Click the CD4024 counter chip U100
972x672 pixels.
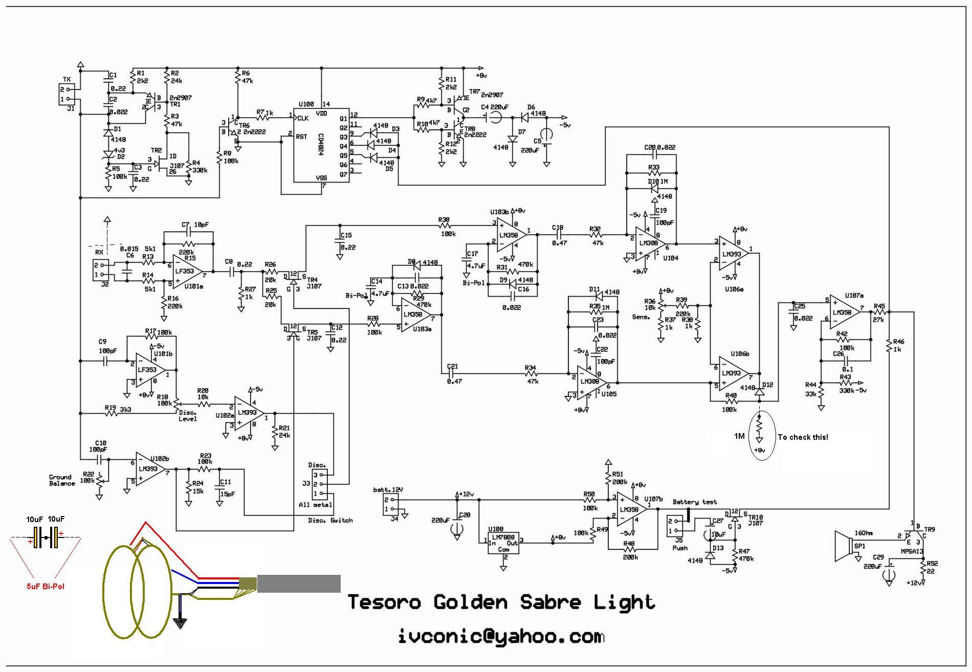321,145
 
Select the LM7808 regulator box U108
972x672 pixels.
503,544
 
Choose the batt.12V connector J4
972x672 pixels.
391,505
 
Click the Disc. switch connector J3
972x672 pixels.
319,484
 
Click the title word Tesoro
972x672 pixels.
384,602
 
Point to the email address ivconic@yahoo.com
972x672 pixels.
501,637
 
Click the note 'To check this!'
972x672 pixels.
803,437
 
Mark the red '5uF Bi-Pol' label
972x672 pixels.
46,586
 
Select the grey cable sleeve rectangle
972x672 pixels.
299,584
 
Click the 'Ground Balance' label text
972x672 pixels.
61,480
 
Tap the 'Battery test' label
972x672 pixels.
694,502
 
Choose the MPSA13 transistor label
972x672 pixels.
912,551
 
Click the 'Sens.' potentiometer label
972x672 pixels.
641,317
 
